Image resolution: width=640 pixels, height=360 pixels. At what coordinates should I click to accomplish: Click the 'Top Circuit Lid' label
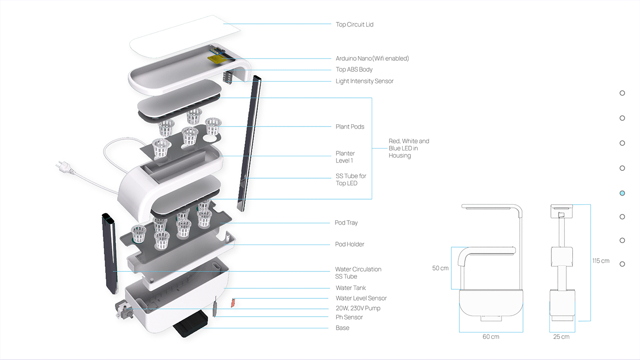[354, 25]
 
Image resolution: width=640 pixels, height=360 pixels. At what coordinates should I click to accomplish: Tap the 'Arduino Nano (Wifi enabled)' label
[372, 58]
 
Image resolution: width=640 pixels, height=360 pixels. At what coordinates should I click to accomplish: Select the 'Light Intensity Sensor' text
[364, 81]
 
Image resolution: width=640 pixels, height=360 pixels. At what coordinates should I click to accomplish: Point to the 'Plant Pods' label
[350, 127]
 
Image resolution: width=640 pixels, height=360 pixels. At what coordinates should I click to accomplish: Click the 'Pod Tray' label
[346, 223]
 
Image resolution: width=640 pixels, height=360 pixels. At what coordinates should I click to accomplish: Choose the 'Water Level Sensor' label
[361, 298]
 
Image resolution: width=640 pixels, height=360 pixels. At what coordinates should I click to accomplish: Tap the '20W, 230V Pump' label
[358, 308]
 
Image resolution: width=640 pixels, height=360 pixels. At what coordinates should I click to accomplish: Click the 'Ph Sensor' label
[349, 318]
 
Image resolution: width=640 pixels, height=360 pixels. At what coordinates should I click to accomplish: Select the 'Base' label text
[342, 328]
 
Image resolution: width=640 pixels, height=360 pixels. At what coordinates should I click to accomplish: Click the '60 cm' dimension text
[491, 337]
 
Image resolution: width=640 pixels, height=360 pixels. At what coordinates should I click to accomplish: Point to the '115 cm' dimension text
[601, 261]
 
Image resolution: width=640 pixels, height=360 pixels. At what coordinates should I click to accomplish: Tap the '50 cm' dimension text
[440, 268]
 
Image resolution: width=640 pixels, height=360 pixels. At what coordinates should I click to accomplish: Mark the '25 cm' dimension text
[561, 337]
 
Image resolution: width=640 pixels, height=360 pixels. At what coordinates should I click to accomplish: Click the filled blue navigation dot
[622, 193]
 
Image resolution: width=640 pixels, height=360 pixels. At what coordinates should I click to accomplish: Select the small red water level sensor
[233, 302]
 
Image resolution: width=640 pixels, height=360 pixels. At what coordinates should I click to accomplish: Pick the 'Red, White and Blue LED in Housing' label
[409, 148]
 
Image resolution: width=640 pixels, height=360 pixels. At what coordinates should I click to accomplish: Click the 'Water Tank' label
[350, 288]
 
